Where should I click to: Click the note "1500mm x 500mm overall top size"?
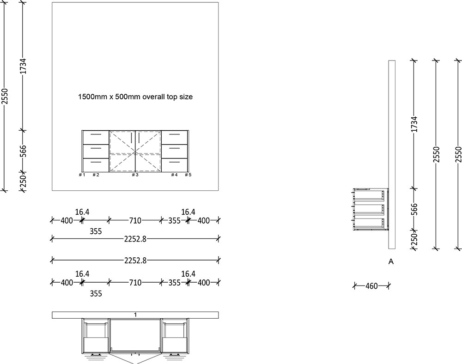click(134, 97)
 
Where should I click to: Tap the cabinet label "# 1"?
click(82, 175)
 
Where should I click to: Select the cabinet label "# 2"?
click(96, 175)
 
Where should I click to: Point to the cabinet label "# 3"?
click(135, 175)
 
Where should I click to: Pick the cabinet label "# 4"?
click(174, 175)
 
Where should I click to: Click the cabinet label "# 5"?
click(188, 175)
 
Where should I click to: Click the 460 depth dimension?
click(371, 286)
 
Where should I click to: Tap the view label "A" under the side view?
click(391, 261)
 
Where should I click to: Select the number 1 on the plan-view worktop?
click(135, 315)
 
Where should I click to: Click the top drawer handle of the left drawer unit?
click(96, 134)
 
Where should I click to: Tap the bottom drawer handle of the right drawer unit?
click(174, 162)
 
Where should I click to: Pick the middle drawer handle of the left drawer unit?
click(96, 148)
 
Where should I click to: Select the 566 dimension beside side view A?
click(414, 209)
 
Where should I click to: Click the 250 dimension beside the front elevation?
click(24, 181)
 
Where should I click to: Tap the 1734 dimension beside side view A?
click(414, 124)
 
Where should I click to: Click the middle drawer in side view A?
click(370, 209)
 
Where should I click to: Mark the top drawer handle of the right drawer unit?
click(174, 134)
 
